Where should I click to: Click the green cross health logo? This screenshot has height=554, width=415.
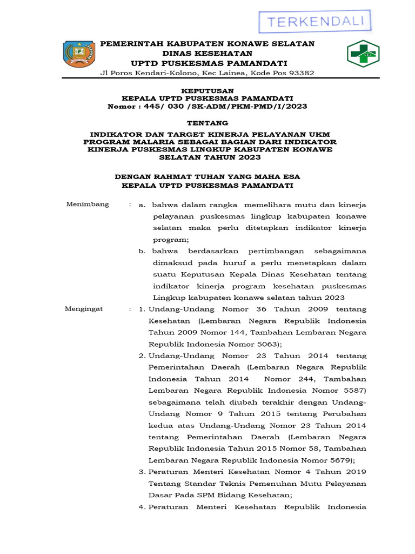pos(363,54)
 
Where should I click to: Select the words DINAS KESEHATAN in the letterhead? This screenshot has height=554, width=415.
pos(207,53)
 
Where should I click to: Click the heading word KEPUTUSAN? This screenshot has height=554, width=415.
pos(207,90)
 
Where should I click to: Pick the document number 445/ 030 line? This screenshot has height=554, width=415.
pos(207,107)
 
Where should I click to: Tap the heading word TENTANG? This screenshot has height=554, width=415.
pos(207,123)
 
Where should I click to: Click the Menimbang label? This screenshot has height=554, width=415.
pos(87,204)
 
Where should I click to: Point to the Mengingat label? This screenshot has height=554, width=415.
pos(84,309)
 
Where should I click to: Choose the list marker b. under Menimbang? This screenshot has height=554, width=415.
pos(142,252)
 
